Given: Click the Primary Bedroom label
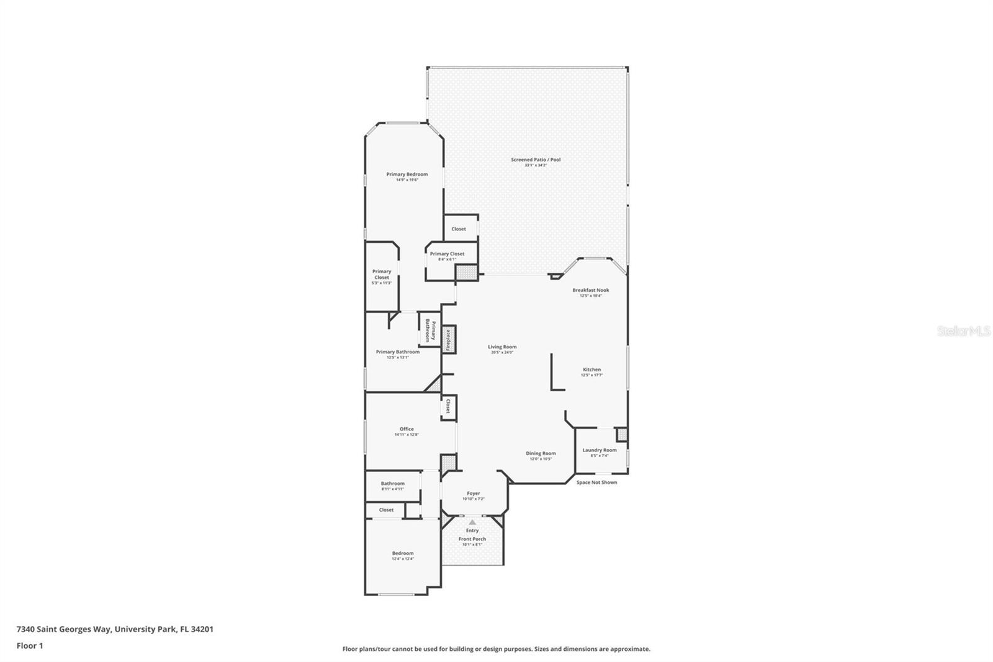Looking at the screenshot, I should click(407, 175).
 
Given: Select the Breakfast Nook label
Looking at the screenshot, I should click(590, 290).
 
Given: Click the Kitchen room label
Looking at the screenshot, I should click(591, 370).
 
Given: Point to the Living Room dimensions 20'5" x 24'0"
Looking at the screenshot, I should click(502, 353).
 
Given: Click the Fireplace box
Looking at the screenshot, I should click(449, 340).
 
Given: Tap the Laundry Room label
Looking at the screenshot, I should click(600, 450).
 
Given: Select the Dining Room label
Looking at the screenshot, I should click(541, 453).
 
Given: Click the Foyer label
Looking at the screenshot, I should click(473, 493).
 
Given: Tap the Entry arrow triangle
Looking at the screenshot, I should click(472, 522).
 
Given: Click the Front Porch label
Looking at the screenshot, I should click(472, 539).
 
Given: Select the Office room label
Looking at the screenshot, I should click(407, 429).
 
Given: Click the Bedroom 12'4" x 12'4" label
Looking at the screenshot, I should click(402, 553).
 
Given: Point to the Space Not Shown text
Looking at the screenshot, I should click(596, 483).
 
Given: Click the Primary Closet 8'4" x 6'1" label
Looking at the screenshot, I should click(447, 254).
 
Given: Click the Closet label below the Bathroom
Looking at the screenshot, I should click(386, 510).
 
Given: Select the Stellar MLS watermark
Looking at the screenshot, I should click(964, 332).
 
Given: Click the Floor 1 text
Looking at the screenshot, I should click(30, 646).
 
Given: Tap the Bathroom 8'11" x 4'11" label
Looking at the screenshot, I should click(392, 484).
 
